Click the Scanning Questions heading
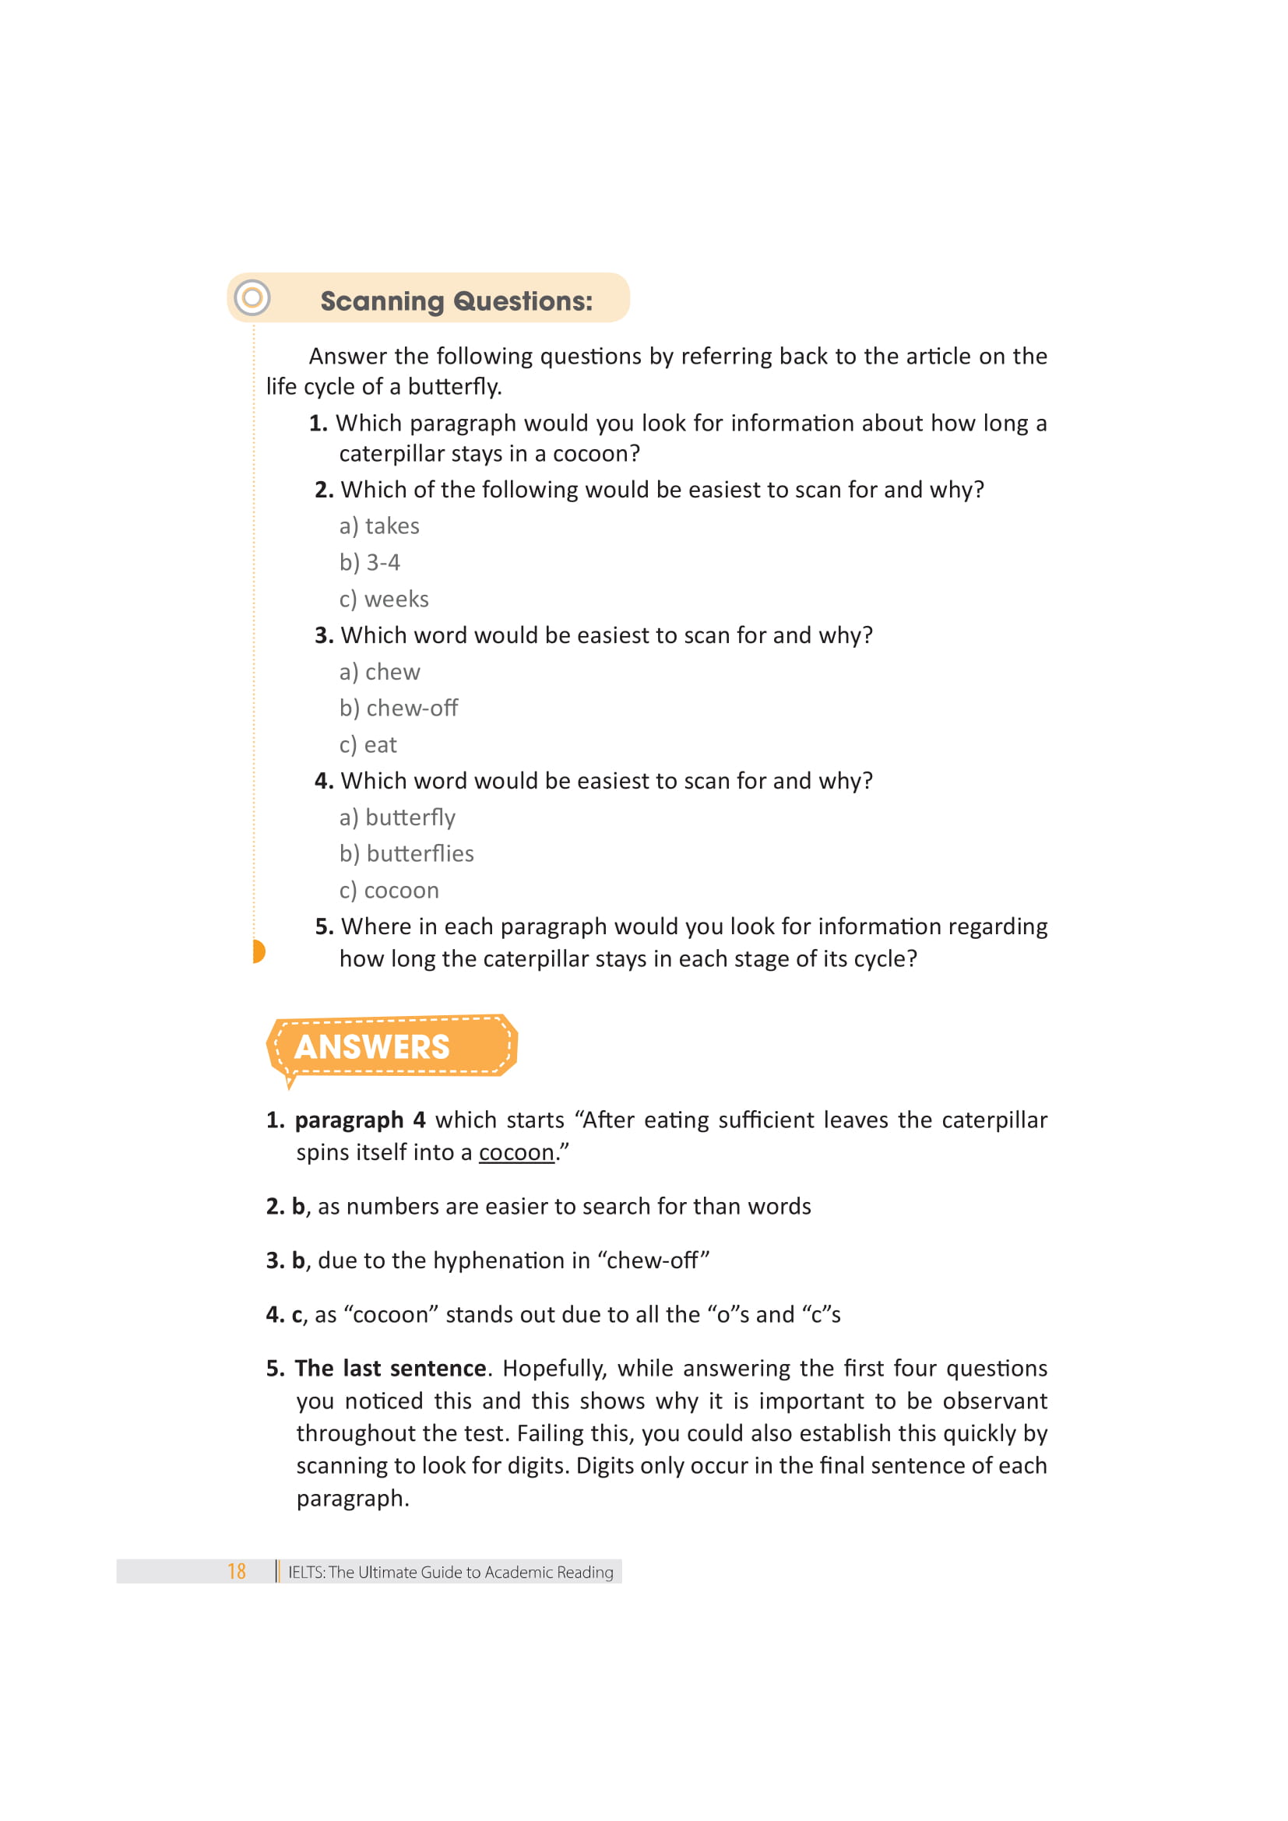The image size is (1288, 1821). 456,301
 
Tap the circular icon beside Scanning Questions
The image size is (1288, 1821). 252,298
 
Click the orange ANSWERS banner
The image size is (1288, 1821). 392,1046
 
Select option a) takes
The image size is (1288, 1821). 379,526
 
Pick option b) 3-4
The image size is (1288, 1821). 370,562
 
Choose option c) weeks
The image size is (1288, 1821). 384,599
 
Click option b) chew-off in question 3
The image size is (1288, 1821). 398,708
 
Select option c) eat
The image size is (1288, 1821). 368,745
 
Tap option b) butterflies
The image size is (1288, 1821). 406,853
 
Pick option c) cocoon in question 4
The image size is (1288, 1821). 389,890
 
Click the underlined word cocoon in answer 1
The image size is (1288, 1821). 516,1151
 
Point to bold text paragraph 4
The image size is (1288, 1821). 360,1120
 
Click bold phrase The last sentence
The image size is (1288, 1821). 390,1368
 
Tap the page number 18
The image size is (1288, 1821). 237,1571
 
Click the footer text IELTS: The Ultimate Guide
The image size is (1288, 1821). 450,1572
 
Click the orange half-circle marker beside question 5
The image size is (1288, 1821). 258,951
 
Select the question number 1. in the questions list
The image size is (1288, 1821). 318,424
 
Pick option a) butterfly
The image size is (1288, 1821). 397,817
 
